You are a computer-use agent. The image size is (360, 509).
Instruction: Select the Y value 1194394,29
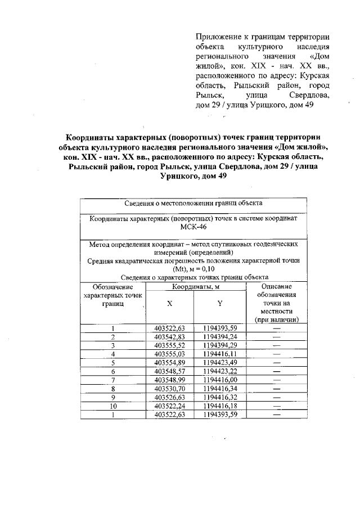[x=220, y=345]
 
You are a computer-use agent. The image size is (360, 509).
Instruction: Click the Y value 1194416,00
[x=220, y=381]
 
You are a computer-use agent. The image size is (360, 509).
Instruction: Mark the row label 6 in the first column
[x=113, y=372]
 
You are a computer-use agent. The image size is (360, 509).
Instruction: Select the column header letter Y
[x=220, y=304]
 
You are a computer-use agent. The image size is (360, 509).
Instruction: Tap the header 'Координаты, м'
[x=196, y=287]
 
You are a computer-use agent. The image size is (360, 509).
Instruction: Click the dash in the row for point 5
[x=276, y=363]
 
